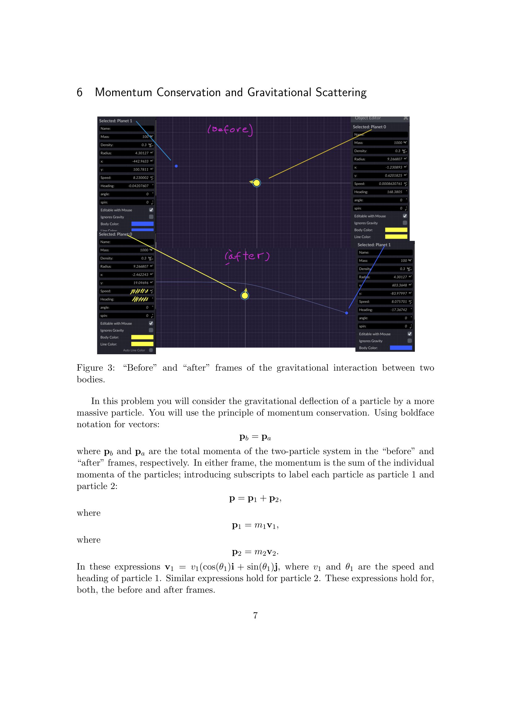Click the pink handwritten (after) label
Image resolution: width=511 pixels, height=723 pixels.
tap(247, 256)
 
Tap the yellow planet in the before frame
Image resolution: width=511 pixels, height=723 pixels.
tap(257, 183)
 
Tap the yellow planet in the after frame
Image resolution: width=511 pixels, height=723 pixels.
tap(245, 296)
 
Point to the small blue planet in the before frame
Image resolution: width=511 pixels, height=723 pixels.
tap(176, 166)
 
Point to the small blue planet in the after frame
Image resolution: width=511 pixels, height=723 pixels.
tap(346, 313)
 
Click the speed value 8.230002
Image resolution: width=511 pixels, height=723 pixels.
tap(141, 178)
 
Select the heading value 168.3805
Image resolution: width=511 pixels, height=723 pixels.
tap(394, 192)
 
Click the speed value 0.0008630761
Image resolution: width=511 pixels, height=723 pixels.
tap(390, 184)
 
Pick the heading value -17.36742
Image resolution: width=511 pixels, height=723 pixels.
tap(399, 310)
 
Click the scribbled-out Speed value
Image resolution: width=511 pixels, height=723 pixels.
tap(139, 291)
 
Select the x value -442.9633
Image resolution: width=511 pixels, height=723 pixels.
tap(140, 162)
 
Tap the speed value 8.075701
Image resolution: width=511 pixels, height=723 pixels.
tap(399, 302)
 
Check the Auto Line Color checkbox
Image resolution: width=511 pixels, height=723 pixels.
tap(151, 350)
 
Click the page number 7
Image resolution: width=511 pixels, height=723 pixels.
tap(255, 615)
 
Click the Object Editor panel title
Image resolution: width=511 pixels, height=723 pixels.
tap(368, 118)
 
